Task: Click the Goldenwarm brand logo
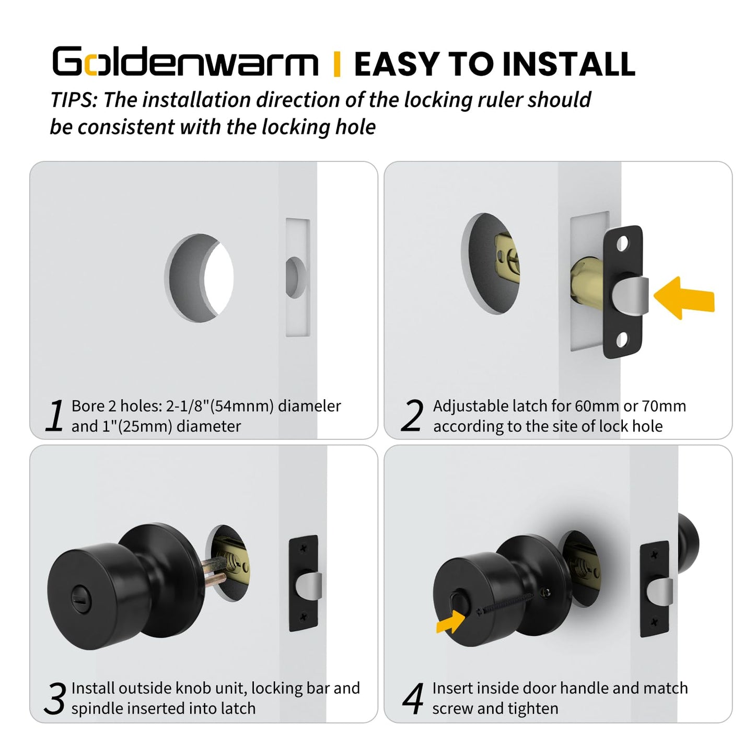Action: tap(185, 63)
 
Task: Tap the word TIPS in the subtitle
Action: tap(74, 100)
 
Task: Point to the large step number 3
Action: tap(54, 698)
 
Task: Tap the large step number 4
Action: tap(413, 698)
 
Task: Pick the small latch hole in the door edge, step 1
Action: tap(295, 277)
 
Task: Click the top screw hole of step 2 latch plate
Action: tap(623, 244)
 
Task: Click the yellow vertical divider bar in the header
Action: tap(337, 64)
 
